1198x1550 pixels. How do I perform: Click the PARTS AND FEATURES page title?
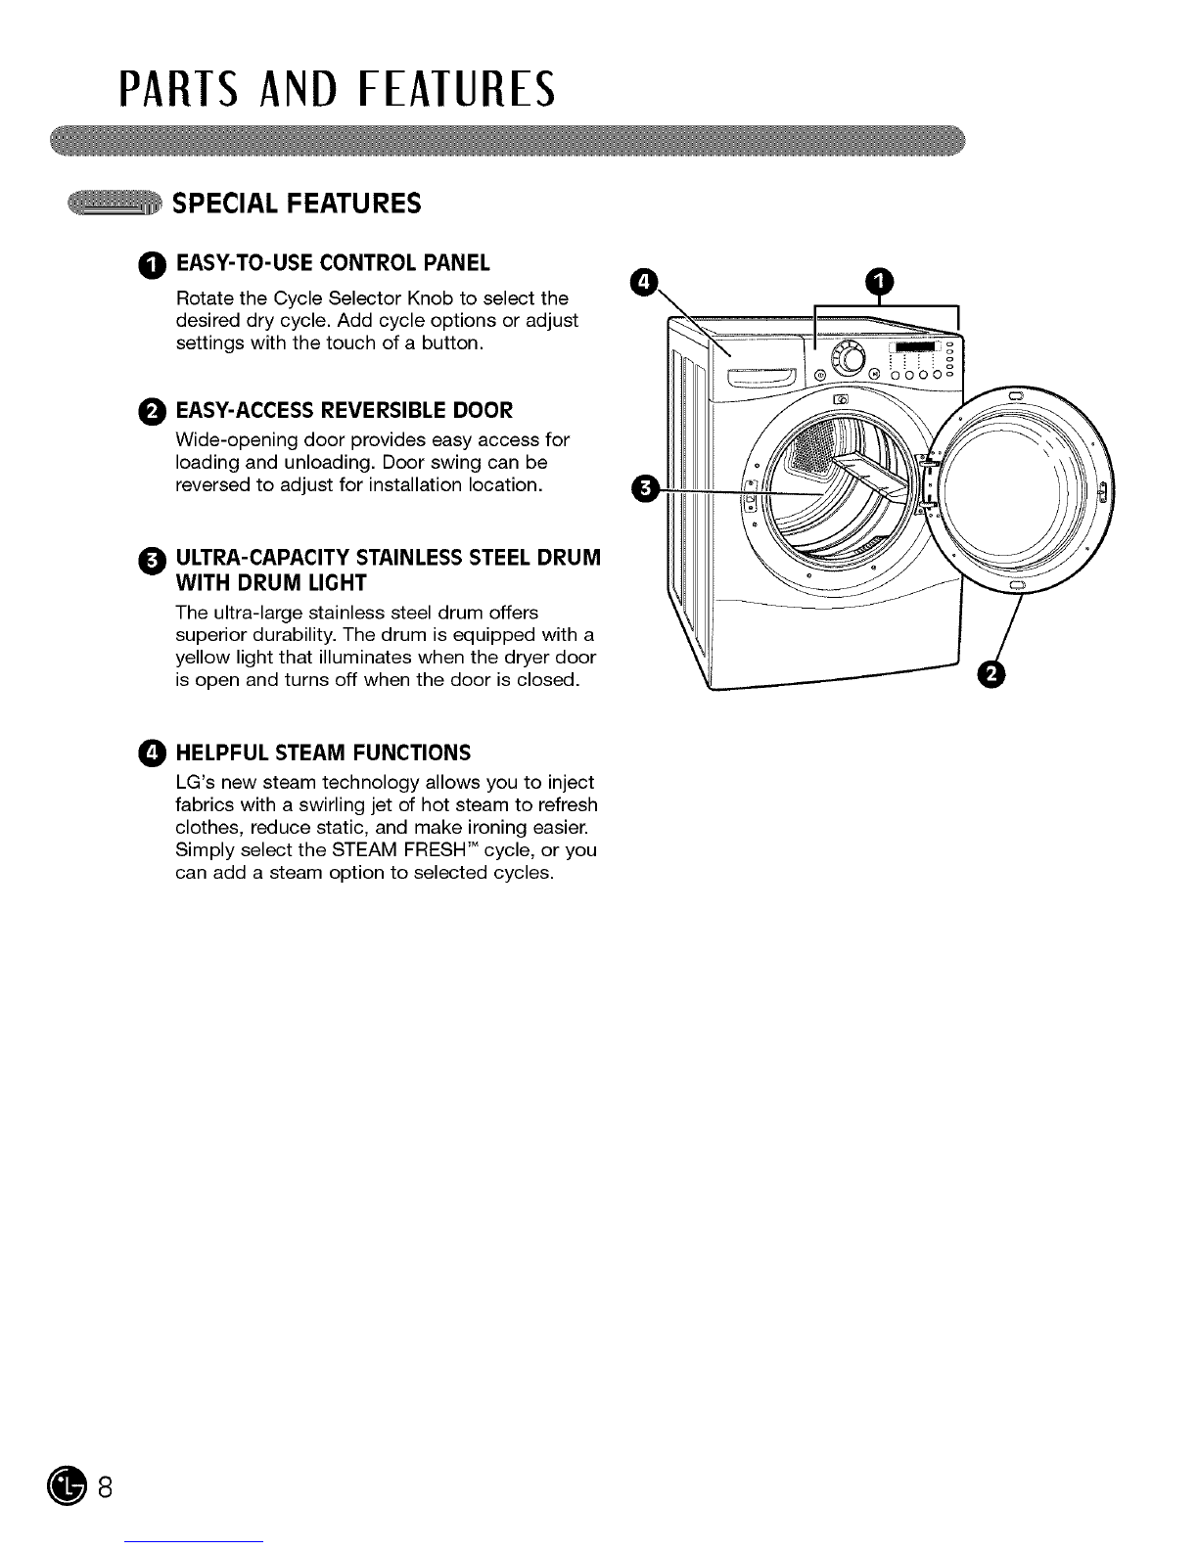(337, 90)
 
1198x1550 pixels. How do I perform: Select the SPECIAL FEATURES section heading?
(297, 204)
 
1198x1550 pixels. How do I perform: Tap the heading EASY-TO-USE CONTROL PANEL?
(333, 263)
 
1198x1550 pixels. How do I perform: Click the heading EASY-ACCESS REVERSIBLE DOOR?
(345, 411)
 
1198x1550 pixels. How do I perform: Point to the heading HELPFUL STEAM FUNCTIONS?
(323, 753)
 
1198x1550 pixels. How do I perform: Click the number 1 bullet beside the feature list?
(152, 266)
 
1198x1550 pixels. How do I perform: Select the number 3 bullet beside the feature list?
(152, 562)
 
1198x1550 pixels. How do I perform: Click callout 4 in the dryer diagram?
(644, 282)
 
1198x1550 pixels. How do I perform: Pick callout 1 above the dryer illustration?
(879, 282)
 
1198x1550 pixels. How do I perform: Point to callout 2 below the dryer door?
(991, 674)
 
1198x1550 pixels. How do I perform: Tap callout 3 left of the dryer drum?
(645, 489)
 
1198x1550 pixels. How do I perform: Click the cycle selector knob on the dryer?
(851, 358)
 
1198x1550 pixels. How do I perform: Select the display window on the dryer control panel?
(915, 346)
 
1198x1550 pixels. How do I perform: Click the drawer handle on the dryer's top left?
(761, 378)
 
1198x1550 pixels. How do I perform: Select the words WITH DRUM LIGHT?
(271, 583)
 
